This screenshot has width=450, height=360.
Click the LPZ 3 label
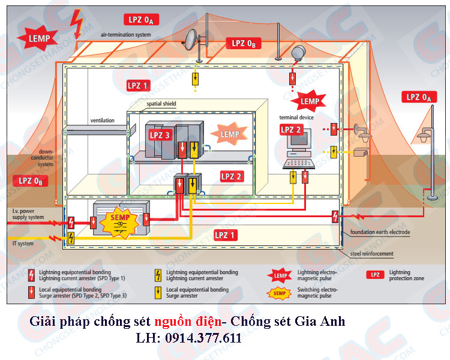(160, 135)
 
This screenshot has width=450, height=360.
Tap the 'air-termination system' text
(125, 35)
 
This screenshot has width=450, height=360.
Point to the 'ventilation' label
(102, 121)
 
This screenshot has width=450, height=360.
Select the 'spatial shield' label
(161, 103)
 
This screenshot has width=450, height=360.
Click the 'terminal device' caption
(296, 118)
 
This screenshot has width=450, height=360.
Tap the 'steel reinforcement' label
(371, 254)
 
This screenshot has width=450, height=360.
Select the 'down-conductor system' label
(46, 158)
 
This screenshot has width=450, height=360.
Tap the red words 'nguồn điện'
(187, 321)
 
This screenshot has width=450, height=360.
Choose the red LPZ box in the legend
(375, 275)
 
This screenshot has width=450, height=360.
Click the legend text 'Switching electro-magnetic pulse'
(317, 293)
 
